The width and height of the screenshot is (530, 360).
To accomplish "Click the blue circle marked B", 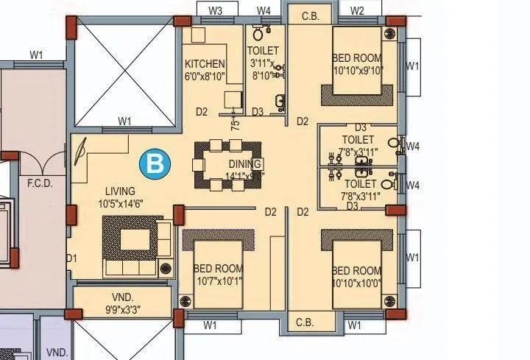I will pyautogui.click(x=155, y=163).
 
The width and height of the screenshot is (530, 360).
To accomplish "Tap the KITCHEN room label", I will pyautogui.click(x=205, y=64).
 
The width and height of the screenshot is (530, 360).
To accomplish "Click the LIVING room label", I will pyautogui.click(x=119, y=190).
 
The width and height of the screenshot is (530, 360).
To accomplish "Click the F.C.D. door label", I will pyautogui.click(x=40, y=183).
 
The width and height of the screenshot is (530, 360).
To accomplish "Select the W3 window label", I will pyautogui.click(x=215, y=10).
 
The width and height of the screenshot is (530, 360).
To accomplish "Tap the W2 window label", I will pyautogui.click(x=357, y=10).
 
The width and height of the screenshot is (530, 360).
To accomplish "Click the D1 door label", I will pyautogui.click(x=71, y=258).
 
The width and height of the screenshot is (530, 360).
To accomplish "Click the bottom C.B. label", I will pyautogui.click(x=305, y=322).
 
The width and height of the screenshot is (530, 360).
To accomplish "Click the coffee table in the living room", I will pyautogui.click(x=134, y=239).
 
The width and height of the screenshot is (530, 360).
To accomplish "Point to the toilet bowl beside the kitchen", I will pyautogui.click(x=258, y=33).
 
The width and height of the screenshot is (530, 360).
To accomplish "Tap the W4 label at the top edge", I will pyautogui.click(x=264, y=10).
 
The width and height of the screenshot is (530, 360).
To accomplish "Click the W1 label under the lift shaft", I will pyautogui.click(x=125, y=121).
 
